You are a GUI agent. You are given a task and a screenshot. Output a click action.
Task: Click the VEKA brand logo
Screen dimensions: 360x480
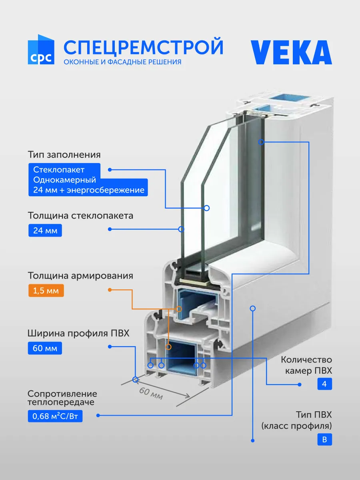[x=291, y=52]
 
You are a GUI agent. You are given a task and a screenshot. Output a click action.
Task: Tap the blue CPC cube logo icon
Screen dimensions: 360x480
[x=41, y=50]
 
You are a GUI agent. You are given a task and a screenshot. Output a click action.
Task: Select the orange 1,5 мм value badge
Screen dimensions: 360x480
[x=46, y=291]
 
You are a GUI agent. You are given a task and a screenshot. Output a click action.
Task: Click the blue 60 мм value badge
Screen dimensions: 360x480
[x=45, y=348]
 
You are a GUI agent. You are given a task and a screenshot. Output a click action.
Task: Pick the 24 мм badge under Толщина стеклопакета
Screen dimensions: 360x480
[x=45, y=230]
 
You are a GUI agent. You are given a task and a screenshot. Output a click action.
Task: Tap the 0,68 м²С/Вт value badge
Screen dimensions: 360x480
[x=55, y=416]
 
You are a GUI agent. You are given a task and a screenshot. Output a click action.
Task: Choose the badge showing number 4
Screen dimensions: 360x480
[x=324, y=384]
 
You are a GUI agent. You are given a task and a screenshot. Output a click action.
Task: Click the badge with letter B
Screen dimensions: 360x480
[x=324, y=439]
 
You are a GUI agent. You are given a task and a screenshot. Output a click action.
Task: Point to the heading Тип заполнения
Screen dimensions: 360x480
[x=64, y=155]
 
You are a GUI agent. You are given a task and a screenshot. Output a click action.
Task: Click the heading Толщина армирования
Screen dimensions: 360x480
[x=80, y=275]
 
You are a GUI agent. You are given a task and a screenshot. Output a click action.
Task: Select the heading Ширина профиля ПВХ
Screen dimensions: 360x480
[x=78, y=333]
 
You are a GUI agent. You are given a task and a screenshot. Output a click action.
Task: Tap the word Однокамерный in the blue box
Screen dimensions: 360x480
[x=64, y=180]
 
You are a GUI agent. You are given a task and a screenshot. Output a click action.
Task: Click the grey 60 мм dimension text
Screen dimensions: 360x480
[x=151, y=393]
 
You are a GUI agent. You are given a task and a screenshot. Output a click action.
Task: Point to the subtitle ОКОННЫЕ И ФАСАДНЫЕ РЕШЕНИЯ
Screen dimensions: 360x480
[x=122, y=62]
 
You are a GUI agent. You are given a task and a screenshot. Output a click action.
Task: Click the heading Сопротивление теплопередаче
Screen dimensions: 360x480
[x=62, y=398]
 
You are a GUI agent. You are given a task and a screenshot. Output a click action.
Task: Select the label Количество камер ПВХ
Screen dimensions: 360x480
[x=306, y=365]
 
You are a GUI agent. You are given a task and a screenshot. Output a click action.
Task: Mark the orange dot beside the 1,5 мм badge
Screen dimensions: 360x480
[x=110, y=290]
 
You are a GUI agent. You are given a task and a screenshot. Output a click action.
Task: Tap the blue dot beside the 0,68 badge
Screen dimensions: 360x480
[x=98, y=415]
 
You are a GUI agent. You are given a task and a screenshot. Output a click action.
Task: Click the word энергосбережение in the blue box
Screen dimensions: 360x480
[x=106, y=190]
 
